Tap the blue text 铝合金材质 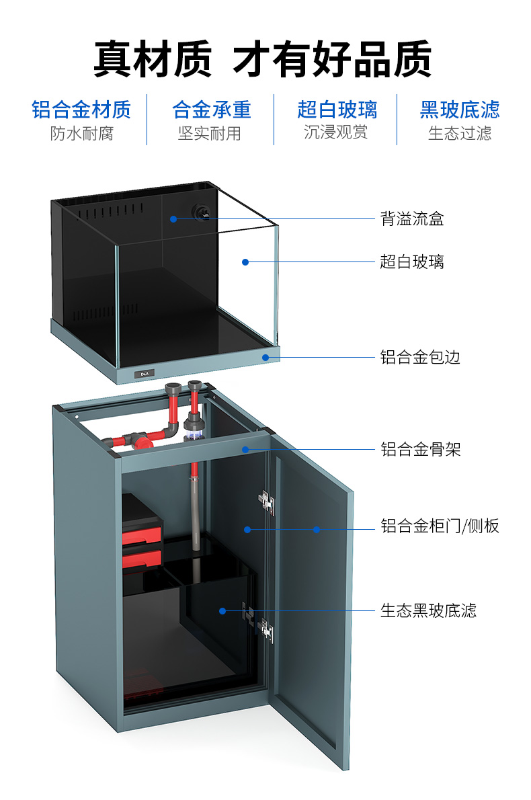pos(81,110)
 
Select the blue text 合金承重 pos(211,110)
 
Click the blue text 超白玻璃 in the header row pos(337,110)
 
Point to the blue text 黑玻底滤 pos(460,110)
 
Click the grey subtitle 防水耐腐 pos(81,133)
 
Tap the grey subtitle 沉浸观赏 pos(336,132)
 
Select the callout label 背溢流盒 pos(411,219)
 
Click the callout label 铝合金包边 pos(420,357)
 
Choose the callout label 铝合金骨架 pos(421,449)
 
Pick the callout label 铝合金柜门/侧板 pos(440,526)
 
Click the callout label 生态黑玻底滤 pos(428,610)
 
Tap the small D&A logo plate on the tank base pos(144,372)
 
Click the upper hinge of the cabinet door pos(267,502)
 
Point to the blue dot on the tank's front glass pos(245,262)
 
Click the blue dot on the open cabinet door pos(316,530)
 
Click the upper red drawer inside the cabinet pos(142,534)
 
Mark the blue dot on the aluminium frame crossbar pos(245,449)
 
